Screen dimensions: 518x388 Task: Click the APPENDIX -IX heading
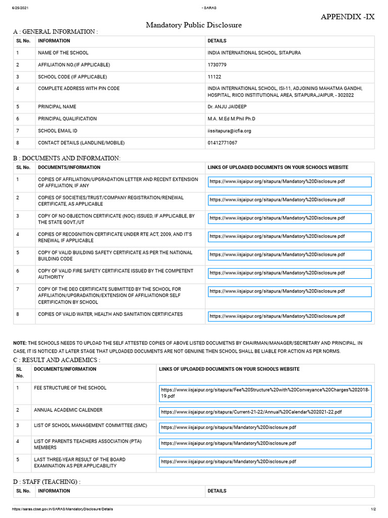[x=348, y=17]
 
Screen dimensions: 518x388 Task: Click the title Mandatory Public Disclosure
[x=193, y=25]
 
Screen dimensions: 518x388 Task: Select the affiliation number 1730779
[x=218, y=65]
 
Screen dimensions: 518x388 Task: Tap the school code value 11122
[x=215, y=77]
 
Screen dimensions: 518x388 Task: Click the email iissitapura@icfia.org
[x=229, y=131]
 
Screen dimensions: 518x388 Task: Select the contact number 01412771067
[x=222, y=143]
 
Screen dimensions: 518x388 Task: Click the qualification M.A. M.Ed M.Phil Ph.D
[x=231, y=119]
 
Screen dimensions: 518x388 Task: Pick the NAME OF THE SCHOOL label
[x=63, y=53]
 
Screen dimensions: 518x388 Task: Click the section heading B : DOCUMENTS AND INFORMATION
[x=67, y=158]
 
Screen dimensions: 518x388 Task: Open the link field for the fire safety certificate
[x=289, y=274]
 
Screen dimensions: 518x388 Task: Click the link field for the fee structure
[x=265, y=393]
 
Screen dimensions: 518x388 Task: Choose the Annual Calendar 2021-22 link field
[x=265, y=412]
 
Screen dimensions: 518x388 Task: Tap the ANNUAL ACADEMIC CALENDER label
[x=68, y=410]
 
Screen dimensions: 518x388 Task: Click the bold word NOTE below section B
[x=20, y=343]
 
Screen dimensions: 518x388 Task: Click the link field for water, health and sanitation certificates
[x=289, y=316]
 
